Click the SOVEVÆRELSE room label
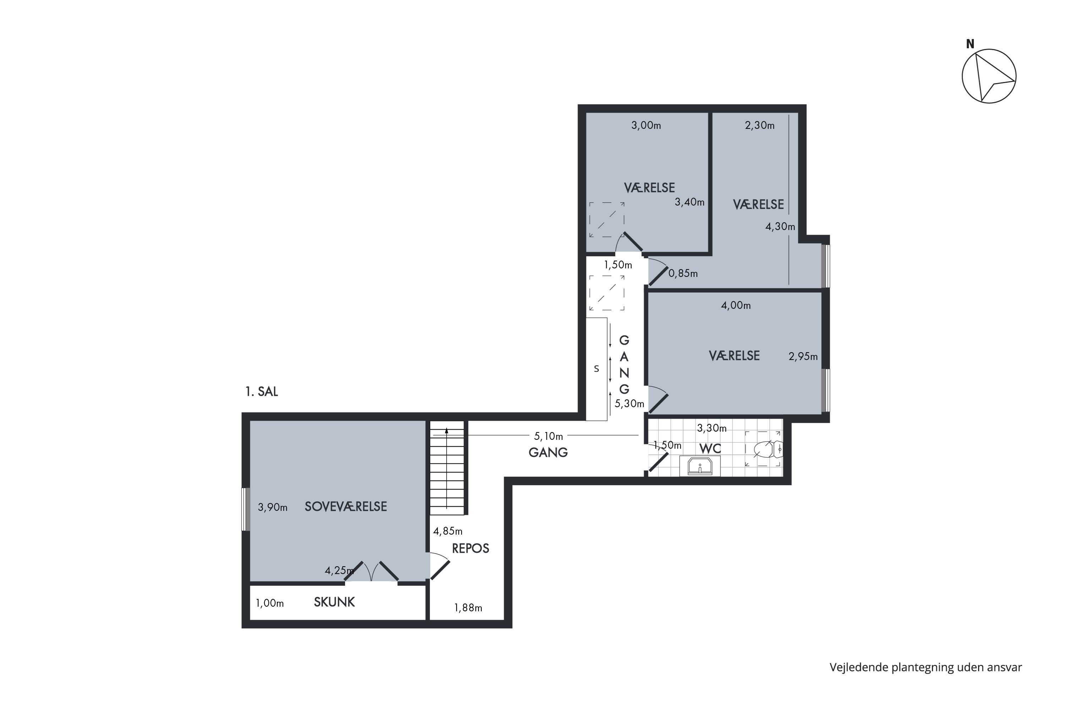click(345, 506)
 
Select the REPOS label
click(470, 548)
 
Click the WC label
click(710, 449)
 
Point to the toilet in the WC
click(768, 449)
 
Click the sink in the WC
click(700, 466)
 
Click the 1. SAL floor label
click(262, 392)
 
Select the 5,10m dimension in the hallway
click(548, 436)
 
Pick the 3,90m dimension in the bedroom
click(273, 507)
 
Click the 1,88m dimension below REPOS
click(468, 608)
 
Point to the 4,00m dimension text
click(736, 306)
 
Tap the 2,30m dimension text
click(759, 125)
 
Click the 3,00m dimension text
click(646, 125)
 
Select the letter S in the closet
click(596, 369)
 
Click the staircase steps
click(447, 468)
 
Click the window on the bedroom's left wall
click(245, 509)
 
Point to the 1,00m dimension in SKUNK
click(270, 603)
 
